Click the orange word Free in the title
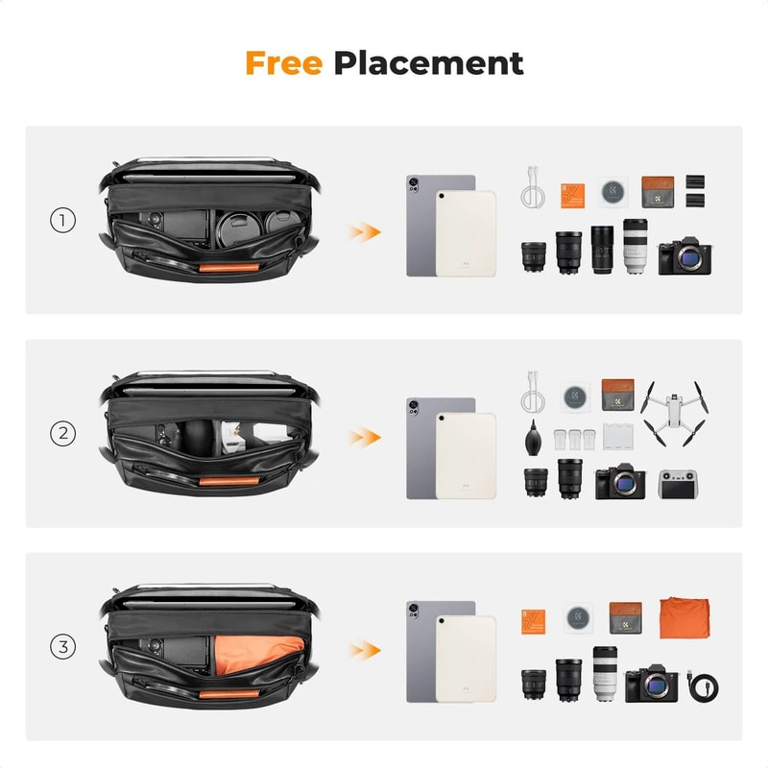tap(285, 63)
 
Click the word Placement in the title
tap(428, 64)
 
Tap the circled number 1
tap(62, 221)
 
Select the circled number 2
tap(62, 434)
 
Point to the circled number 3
tap(62, 647)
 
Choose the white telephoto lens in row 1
tap(635, 247)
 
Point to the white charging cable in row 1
tap(533, 189)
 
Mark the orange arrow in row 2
tap(363, 436)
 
